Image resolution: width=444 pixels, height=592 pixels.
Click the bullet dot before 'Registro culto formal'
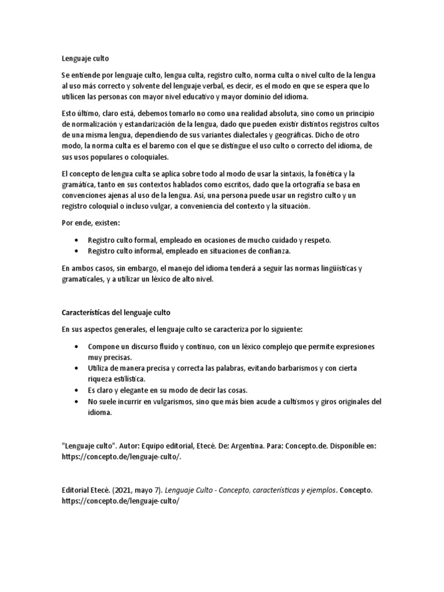[78, 240]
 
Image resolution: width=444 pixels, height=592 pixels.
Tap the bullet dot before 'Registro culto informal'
[78, 251]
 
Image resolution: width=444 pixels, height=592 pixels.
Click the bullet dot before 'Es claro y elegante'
[78, 390]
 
